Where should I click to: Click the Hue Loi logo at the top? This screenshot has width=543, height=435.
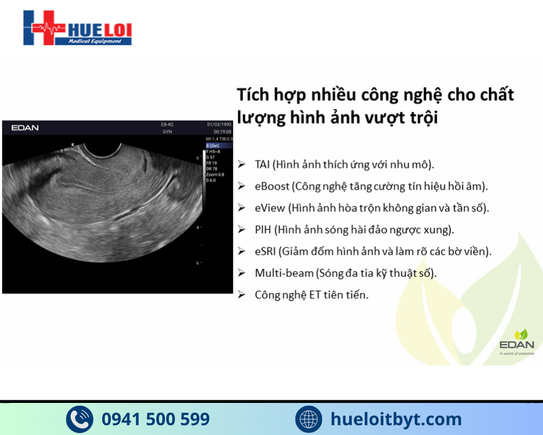coord(78,28)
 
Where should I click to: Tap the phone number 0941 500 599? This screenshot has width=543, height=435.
coord(155,419)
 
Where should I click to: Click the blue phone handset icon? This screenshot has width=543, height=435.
coord(79,419)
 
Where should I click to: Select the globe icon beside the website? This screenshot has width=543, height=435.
coord(309,419)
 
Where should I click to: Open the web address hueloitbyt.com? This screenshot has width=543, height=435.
coord(396,419)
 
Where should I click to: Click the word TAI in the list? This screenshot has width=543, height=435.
coord(262,164)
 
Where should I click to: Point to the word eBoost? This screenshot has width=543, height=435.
coord(272,186)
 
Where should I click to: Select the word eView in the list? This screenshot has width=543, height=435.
coord(269,208)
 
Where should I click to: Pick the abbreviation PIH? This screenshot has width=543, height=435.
coord(263,229)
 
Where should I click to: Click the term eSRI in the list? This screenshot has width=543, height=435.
coord(266,251)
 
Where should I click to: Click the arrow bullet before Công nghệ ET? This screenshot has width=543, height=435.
coord(242,295)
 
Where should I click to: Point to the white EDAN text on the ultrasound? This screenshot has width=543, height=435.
coord(25,128)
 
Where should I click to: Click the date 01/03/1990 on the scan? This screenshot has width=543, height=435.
coord(219,125)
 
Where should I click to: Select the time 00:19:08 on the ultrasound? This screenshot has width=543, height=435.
coord(222,132)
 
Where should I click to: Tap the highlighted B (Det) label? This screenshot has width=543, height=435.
coord(213,146)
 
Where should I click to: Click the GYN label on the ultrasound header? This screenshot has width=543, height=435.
coord(167,132)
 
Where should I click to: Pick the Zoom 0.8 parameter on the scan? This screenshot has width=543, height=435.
coord(216,175)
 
